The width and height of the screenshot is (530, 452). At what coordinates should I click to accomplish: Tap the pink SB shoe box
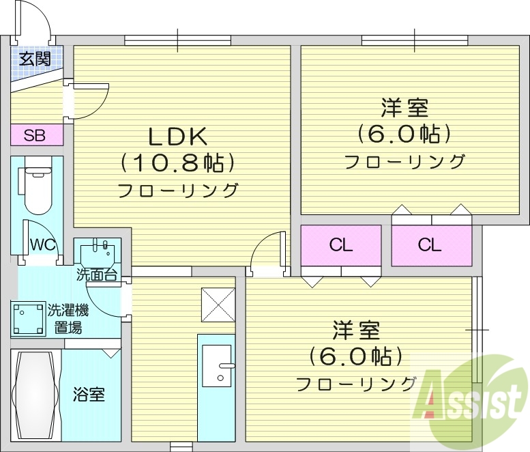tap(36, 135)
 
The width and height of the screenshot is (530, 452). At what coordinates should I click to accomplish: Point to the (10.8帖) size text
tap(178, 163)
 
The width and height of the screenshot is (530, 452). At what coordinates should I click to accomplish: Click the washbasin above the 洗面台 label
tap(98, 252)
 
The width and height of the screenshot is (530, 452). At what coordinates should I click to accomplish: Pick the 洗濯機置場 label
tap(68, 319)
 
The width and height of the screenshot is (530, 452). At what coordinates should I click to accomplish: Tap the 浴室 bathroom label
tap(89, 394)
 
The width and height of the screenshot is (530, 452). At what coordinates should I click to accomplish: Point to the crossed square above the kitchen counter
tap(218, 305)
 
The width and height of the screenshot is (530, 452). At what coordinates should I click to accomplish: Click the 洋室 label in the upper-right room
tap(404, 109)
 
